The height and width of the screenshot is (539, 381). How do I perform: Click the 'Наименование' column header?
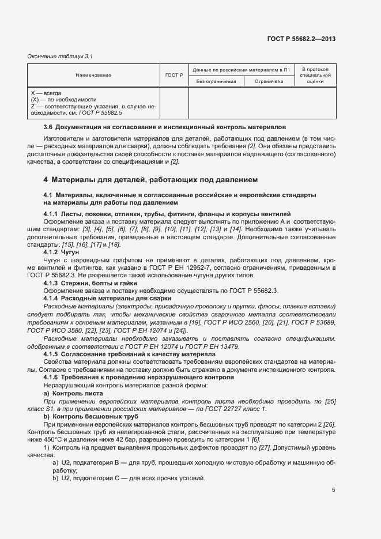click(x=93, y=75)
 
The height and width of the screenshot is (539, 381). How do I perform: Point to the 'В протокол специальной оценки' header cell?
click(x=315, y=75)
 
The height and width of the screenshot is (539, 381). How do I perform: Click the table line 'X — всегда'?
click(x=46, y=92)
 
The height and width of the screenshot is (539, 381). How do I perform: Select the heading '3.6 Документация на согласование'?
click(x=165, y=126)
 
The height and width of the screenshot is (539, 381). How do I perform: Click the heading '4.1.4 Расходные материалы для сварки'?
click(x=107, y=298)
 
